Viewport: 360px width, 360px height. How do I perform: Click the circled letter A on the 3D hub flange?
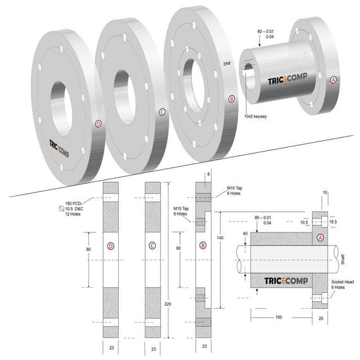point(333,80)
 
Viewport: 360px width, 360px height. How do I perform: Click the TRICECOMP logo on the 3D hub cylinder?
point(286,81)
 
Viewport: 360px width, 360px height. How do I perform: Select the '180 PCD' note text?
point(73,204)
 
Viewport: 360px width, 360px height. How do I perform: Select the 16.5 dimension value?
point(333,222)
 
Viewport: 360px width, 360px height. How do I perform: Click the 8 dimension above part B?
point(209,173)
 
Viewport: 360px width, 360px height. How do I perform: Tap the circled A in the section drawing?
point(320,237)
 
